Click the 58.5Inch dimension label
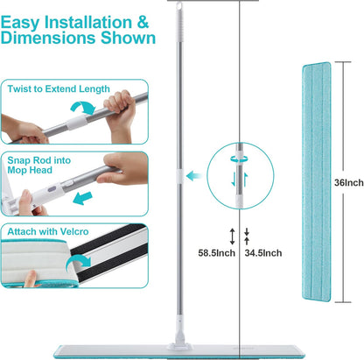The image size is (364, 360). [x=216, y=253]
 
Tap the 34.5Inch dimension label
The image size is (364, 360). [x=263, y=253]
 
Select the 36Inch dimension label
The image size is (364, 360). [x=349, y=183]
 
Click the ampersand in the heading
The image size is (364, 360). [x=143, y=23]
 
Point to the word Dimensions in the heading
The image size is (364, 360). [x=48, y=38]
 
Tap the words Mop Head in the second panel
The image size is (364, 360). [x=30, y=170]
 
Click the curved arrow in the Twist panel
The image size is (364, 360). [x=83, y=108]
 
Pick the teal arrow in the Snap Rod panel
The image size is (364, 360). [x=82, y=198]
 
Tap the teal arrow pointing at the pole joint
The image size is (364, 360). [x=194, y=176]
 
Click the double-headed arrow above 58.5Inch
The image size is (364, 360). [x=232, y=236]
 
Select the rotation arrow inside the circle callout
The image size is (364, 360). [x=239, y=159]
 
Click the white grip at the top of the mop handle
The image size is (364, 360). [x=179, y=20]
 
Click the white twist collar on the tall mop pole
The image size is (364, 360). [x=179, y=176]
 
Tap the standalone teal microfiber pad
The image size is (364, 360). [x=317, y=181]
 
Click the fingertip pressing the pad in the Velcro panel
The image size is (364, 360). [x=31, y=278]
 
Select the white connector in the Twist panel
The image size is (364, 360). [x=77, y=121]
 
